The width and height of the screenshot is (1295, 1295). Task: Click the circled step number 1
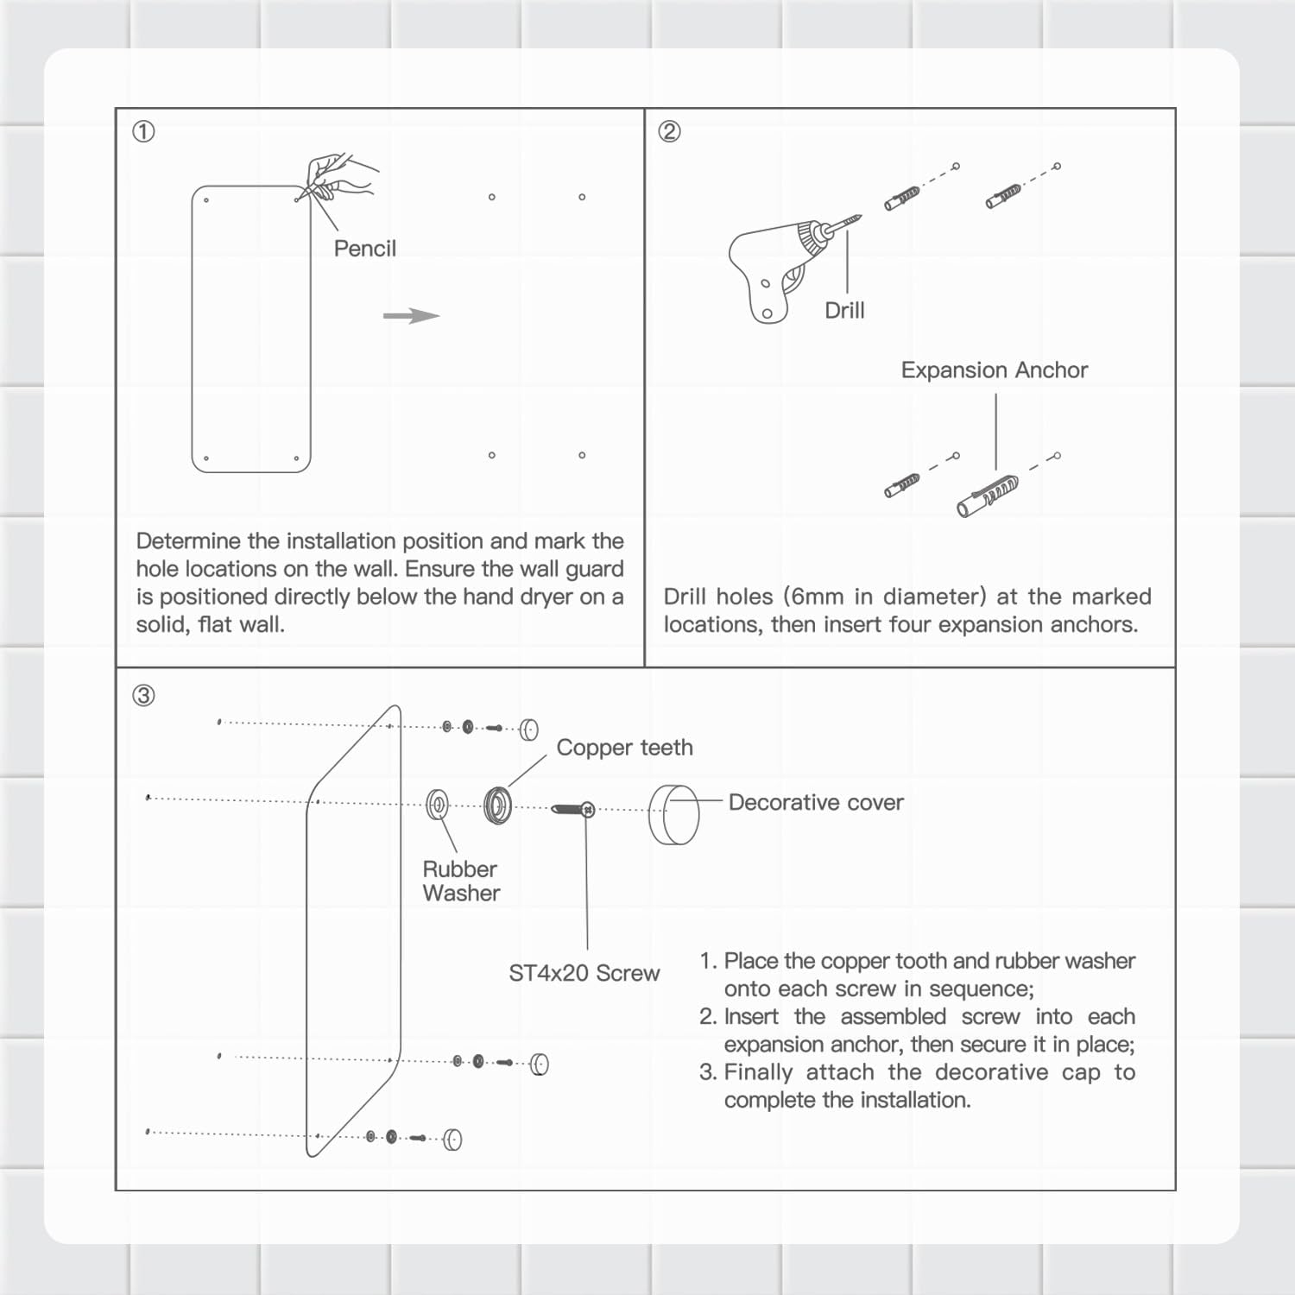[143, 131]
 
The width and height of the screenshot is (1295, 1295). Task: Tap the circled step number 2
[669, 131]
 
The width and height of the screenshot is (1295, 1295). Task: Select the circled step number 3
[143, 695]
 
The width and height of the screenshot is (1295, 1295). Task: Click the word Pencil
[364, 249]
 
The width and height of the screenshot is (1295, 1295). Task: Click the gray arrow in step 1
[411, 316]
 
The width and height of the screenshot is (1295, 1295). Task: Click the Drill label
[843, 311]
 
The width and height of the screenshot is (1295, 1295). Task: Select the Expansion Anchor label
[994, 370]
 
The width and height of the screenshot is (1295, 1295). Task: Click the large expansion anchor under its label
[988, 496]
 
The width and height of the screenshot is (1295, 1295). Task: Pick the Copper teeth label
[624, 748]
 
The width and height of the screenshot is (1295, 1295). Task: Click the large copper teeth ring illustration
[497, 805]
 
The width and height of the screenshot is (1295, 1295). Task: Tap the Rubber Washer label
[461, 881]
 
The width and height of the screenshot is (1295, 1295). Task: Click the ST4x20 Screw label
[584, 973]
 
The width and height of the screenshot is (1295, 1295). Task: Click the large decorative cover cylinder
[674, 814]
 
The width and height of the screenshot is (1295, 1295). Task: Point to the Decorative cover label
[816, 803]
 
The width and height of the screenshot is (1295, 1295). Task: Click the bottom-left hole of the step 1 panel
[206, 458]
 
